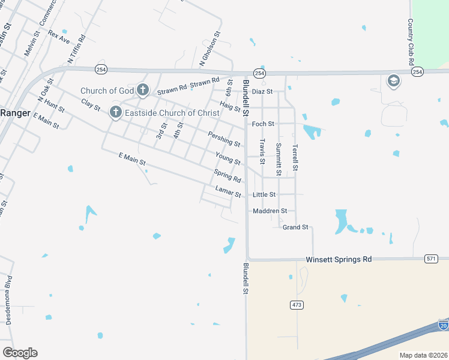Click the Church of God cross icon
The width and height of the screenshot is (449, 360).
(142, 91)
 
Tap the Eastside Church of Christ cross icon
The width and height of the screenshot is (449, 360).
(115, 112)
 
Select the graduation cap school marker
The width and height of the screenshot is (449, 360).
(393, 82)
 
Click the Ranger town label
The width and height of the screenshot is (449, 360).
(11, 113)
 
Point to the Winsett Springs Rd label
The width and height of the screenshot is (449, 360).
(339, 259)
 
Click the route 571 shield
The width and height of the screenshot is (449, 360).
(430, 259)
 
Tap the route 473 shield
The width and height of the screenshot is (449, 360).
(296, 305)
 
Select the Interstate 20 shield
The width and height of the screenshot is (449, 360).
(443, 325)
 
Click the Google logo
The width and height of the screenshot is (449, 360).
(20, 352)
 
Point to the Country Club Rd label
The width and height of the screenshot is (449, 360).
(411, 42)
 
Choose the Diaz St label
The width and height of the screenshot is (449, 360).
(262, 91)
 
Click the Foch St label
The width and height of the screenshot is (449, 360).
(263, 124)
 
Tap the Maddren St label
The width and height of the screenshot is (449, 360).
(270, 211)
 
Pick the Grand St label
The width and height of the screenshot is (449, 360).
(295, 227)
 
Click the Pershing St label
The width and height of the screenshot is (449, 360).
(224, 139)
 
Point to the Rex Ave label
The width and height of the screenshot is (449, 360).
(59, 37)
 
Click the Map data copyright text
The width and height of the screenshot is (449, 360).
(423, 354)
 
